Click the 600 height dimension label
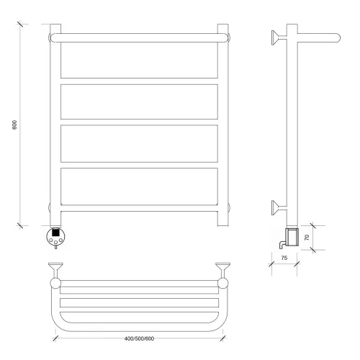point(14,125)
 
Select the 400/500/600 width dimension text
point(139,338)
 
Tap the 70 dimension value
point(307,238)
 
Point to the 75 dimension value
point(284,258)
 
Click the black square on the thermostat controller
point(55,233)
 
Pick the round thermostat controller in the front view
point(55,236)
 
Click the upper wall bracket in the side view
point(279,37)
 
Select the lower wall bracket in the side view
point(279,207)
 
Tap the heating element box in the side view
point(292,237)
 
